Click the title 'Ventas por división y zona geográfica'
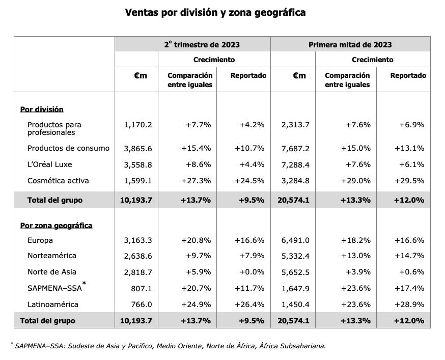215,12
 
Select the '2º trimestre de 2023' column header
202,45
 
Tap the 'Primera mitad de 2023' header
350,45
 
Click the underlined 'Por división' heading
42,109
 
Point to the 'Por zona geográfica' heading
56,225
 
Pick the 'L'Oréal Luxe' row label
50,164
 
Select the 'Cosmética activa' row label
58,181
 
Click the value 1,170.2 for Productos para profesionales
138,124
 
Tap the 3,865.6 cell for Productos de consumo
138,148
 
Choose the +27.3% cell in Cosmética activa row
196,181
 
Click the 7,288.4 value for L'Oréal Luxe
295,164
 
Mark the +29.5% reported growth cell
409,181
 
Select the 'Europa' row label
40,240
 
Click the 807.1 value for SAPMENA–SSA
142,288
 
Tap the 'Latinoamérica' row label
53,304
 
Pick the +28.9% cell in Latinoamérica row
409,304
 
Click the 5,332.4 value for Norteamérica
295,256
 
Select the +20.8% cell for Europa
196,240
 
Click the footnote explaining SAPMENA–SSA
168,346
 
